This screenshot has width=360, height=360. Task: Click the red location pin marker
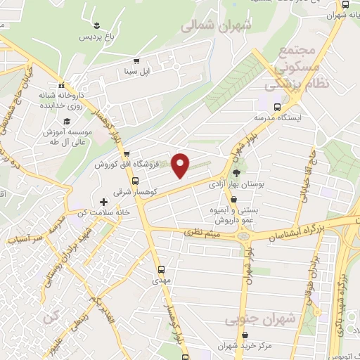point(181,165)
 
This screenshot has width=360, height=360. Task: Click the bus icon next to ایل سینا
point(136,61)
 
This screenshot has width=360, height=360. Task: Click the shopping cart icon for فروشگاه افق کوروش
point(126,155)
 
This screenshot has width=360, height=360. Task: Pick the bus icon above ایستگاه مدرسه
point(278,107)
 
